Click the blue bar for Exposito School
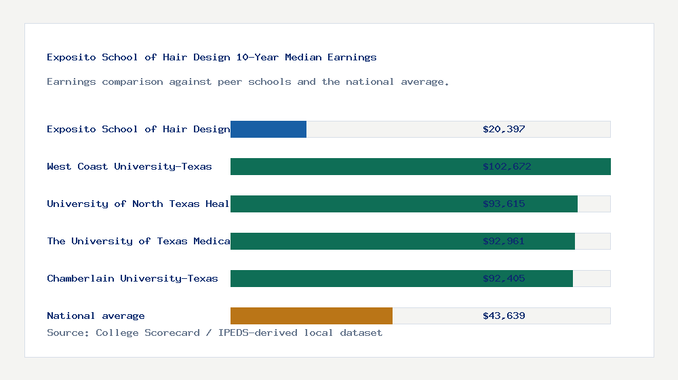click(x=268, y=129)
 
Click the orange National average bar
click(x=311, y=316)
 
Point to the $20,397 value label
click(x=504, y=129)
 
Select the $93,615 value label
click(x=504, y=204)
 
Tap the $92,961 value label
click(x=504, y=241)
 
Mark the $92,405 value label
click(x=504, y=278)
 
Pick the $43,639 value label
click(x=504, y=316)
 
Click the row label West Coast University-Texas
click(x=129, y=166)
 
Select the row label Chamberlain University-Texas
click(x=132, y=278)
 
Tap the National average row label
click(x=96, y=316)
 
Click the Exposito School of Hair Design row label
click(x=138, y=129)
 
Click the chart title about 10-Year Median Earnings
click(x=212, y=57)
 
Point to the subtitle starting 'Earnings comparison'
click(x=248, y=81)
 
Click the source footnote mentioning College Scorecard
click(x=214, y=332)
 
